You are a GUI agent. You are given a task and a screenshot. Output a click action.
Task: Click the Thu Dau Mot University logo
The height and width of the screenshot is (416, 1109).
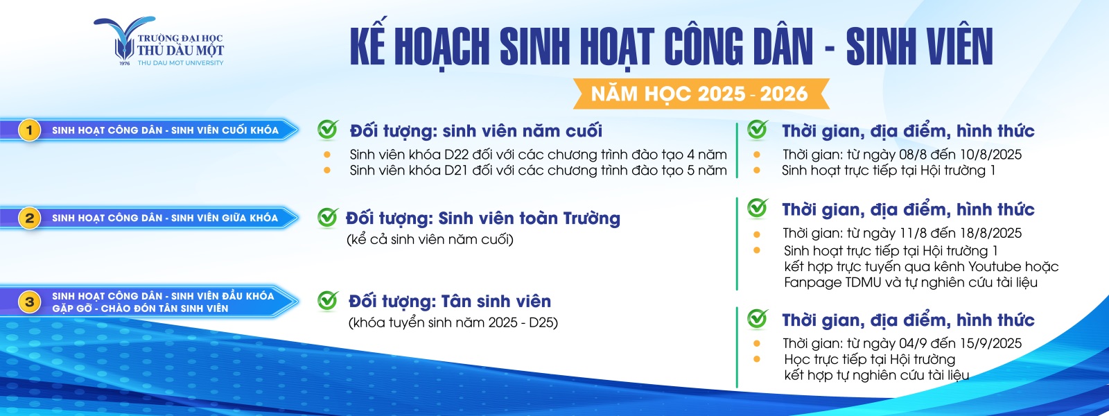[x=159, y=42]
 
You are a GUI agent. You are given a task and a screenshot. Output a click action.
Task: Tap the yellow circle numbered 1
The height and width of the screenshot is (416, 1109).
[x=30, y=130]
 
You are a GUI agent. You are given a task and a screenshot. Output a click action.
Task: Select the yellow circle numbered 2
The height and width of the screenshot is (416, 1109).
[x=30, y=218]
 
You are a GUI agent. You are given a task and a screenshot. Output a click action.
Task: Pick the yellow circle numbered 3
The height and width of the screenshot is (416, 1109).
[x=30, y=302]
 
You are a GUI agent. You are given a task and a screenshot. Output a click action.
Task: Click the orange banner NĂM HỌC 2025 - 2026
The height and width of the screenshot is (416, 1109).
[x=701, y=94]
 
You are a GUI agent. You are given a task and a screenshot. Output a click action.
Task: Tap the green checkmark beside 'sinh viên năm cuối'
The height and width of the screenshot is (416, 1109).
[x=328, y=129]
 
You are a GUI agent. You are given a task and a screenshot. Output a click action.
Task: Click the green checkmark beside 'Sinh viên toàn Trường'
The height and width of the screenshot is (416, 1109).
[x=328, y=217]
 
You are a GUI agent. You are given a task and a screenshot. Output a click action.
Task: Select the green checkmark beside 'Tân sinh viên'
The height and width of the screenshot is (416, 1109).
[x=328, y=300]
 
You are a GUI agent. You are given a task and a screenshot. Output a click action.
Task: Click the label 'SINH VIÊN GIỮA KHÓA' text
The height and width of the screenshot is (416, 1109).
[x=225, y=218]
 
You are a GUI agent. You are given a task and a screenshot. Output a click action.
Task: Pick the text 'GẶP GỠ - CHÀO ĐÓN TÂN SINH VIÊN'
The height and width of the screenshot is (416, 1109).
[x=140, y=309]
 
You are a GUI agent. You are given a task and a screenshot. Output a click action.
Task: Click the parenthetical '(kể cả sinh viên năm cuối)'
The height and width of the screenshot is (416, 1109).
[x=430, y=240]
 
